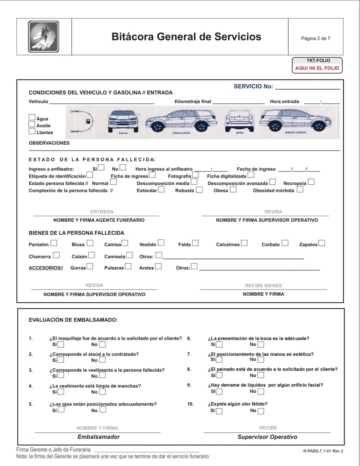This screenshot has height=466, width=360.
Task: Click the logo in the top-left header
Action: point(43,37)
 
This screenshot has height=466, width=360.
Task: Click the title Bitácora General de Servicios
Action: point(186,37)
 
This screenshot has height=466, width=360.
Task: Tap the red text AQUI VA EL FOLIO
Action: point(317,68)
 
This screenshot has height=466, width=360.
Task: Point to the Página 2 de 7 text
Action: point(315,38)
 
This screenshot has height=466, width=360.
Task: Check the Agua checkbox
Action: point(32,118)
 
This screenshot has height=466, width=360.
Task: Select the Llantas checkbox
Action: point(32,132)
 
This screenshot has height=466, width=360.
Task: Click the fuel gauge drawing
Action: point(81,122)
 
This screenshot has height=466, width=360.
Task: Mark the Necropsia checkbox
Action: point(311,182)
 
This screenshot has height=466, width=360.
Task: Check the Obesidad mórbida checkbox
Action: point(299,190)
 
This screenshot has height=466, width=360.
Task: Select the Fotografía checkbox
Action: point(195,175)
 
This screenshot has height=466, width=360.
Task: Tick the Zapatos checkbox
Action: point(322,243)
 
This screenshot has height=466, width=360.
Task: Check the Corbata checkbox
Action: point(285,243)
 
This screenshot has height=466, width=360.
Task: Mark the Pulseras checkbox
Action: point(128,267)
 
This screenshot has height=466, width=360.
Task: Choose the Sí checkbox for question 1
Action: point(61,344)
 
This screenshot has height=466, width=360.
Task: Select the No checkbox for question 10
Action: point(260,411)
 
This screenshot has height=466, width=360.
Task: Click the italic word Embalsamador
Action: point(98,437)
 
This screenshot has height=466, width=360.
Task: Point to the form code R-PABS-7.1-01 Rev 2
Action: point(323,451)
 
